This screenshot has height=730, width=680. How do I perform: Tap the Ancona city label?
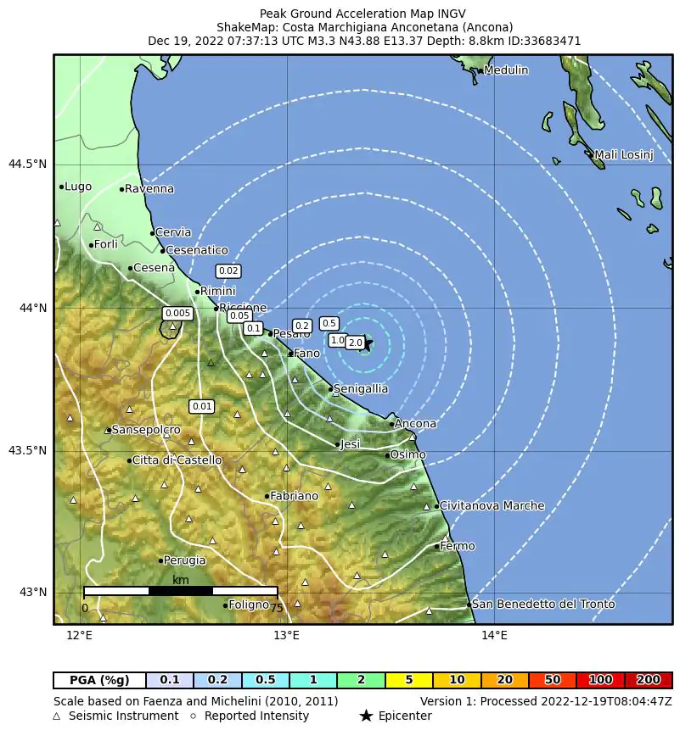click(x=415, y=424)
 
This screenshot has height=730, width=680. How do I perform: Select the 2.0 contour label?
click(x=355, y=343)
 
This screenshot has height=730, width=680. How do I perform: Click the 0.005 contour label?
click(x=177, y=314)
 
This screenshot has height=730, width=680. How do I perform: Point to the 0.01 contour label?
click(x=202, y=407)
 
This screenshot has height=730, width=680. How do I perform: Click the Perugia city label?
click(x=184, y=560)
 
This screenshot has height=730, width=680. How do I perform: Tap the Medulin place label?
click(x=505, y=70)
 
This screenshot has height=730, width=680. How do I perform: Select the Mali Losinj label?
click(x=623, y=155)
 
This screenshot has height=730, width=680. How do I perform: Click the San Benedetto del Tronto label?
click(x=542, y=605)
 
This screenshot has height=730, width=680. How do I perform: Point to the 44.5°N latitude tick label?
click(x=27, y=164)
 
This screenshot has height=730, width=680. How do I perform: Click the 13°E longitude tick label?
click(x=287, y=636)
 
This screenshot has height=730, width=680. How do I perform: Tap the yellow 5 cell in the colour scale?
click(x=408, y=680)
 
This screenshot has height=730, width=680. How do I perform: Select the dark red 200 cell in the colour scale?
click(x=649, y=680)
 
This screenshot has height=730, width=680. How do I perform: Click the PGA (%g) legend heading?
click(x=99, y=680)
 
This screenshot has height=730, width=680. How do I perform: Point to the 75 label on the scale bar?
click(x=276, y=608)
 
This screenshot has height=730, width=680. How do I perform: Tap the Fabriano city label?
click(x=294, y=496)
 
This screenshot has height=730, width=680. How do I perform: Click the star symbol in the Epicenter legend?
click(x=366, y=716)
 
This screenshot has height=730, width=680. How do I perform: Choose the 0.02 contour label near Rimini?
click(x=228, y=271)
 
